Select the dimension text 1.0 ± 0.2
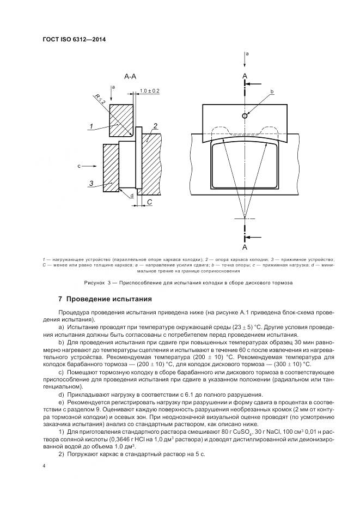[x=150, y=90]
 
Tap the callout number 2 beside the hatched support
[x=155, y=126]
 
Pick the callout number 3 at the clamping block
[x=92, y=183]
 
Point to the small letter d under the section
[x=131, y=196]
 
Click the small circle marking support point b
[x=245, y=116]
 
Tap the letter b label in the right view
[x=271, y=92]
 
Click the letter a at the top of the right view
[x=247, y=54]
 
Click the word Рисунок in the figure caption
[x=96, y=283]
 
